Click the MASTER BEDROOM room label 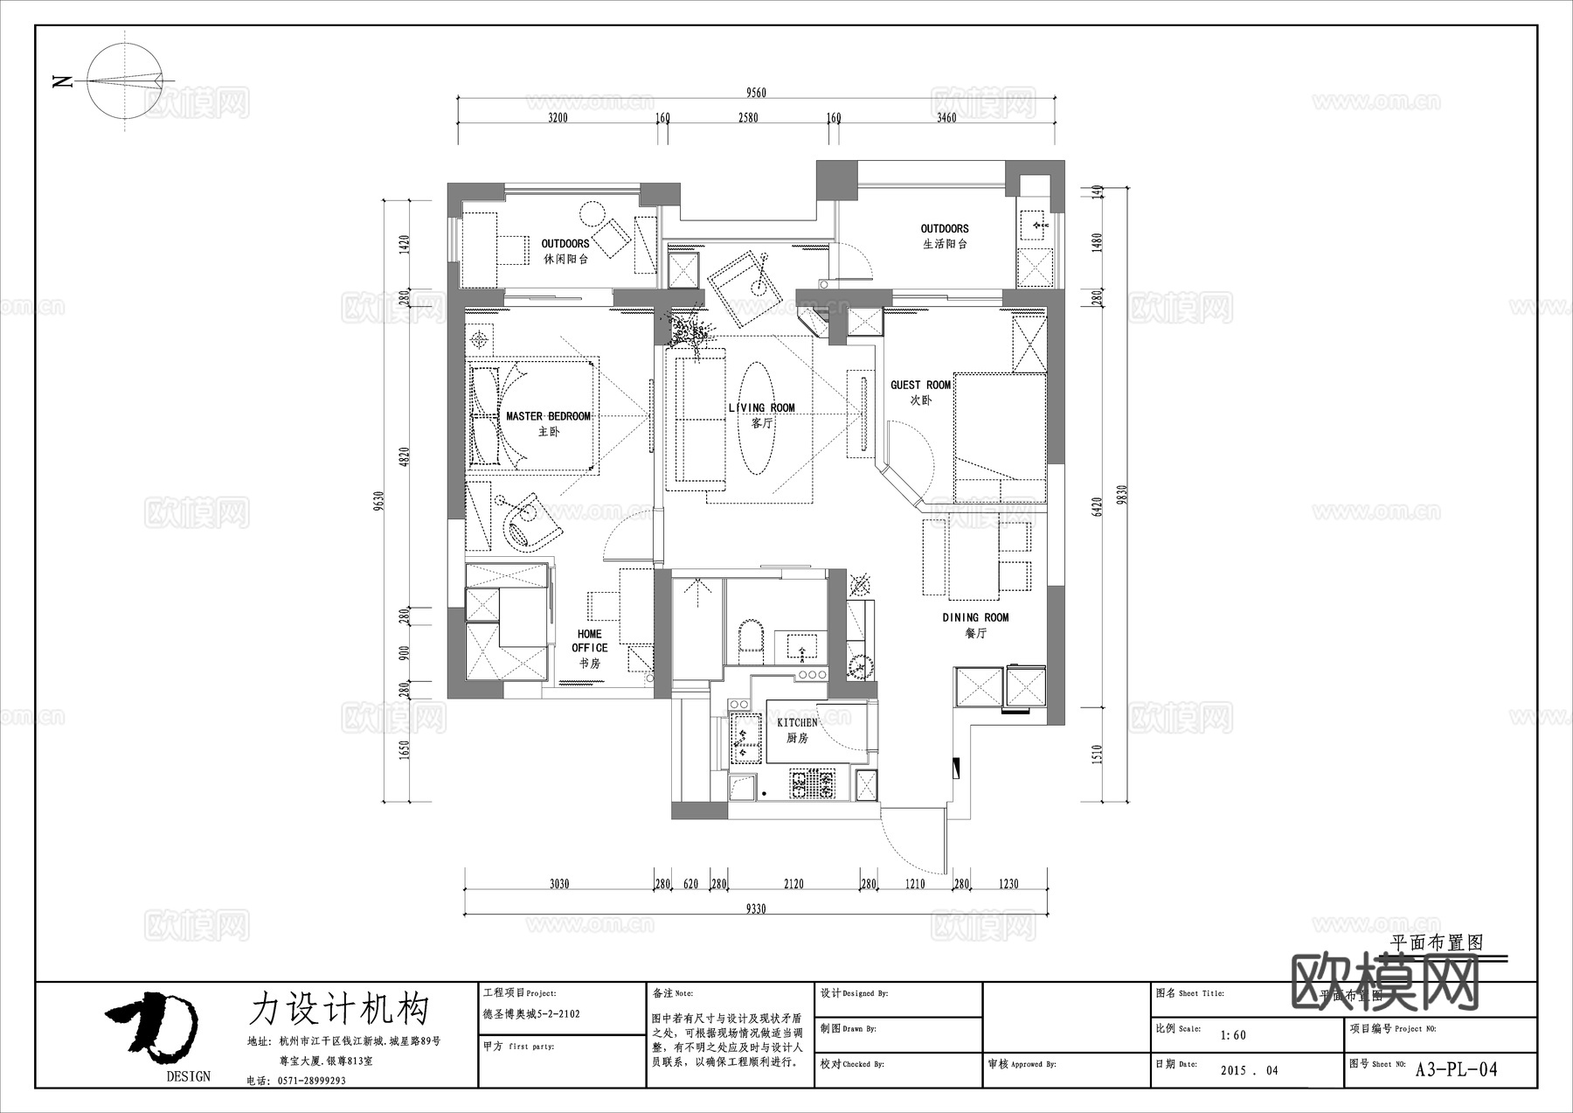pos(548,417)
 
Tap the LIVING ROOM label pos(761,408)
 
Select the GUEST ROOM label pos(920,386)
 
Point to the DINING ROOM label pos(975,618)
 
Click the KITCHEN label pos(797,723)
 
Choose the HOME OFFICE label pos(590,641)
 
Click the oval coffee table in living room pos(757,418)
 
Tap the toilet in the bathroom pos(751,636)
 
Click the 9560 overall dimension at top pos(756,94)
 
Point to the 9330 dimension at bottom pos(756,909)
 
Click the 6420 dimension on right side pos(1098,506)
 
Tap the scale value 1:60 pos(1233,1035)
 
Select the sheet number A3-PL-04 pos(1456,1069)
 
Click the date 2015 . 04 pos(1249,1070)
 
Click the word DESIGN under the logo pos(189,1076)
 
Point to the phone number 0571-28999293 pos(312,1081)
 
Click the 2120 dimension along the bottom pos(793,884)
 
